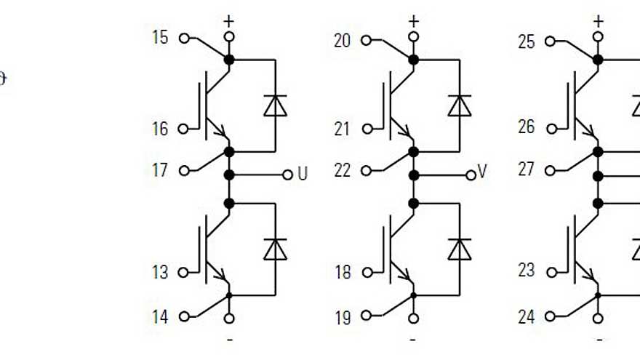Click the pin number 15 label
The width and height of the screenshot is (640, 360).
coord(159,37)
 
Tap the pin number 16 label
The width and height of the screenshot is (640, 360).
coord(159,129)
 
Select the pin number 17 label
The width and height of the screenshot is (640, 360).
coord(159,170)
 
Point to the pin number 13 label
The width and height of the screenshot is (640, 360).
coord(159,273)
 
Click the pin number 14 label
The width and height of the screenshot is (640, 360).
coord(159,316)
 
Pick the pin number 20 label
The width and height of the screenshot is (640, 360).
coord(343,41)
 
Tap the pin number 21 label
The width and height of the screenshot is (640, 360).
coord(343,129)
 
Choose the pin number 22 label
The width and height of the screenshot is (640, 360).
coord(343,170)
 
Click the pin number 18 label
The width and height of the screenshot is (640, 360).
coord(343,273)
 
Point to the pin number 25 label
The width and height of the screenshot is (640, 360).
coord(526,41)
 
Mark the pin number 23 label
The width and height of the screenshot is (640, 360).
coord(526,271)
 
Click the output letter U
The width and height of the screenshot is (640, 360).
coord(303,175)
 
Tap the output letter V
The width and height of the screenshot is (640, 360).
coord(482,173)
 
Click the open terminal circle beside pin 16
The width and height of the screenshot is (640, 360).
coord(183,129)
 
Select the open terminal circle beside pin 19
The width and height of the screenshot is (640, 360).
coord(367,316)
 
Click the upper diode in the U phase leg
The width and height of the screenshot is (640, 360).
coord(275,106)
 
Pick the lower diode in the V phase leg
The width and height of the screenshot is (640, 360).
coord(459,249)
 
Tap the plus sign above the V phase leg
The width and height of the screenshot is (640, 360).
coord(414,20)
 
